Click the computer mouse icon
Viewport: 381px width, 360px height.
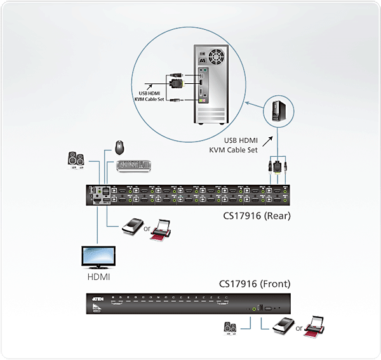click(x=120, y=147)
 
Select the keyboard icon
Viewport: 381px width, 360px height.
click(x=134, y=166)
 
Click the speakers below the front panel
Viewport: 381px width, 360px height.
click(x=231, y=327)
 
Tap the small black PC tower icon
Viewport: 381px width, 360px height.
click(x=277, y=111)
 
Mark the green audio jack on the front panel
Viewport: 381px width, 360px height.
click(x=255, y=309)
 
